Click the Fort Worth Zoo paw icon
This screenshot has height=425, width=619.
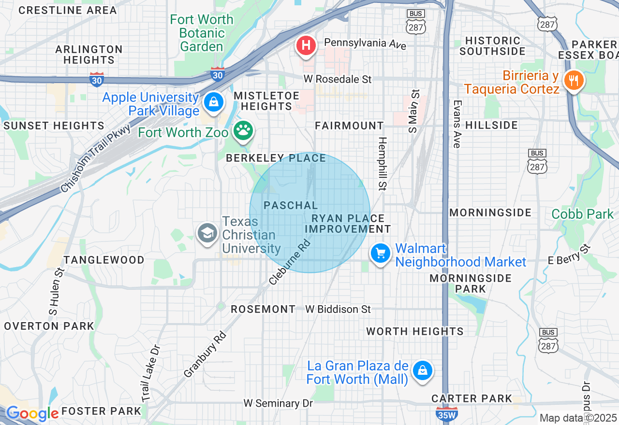[x=243, y=130]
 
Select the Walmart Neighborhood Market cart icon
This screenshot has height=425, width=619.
[x=381, y=253]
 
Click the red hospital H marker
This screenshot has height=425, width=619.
[x=306, y=45]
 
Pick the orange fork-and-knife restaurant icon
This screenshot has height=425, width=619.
[x=574, y=80]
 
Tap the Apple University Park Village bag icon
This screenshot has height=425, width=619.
[x=212, y=102]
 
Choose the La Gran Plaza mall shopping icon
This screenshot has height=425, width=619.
[x=423, y=370]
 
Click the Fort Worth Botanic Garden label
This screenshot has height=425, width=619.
[x=202, y=33]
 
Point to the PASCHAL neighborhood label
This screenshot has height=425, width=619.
[x=291, y=205]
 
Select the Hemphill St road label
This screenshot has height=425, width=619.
[x=383, y=163]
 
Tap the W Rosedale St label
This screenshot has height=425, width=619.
[x=338, y=79]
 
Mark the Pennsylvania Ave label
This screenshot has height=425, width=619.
[x=365, y=43]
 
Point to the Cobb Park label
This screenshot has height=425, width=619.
[x=582, y=214]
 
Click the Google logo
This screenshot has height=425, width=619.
[x=32, y=413]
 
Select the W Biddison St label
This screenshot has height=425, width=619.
[x=338, y=309]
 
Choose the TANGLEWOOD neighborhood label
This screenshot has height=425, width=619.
[x=104, y=260]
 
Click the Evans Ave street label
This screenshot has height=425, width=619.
[x=457, y=124]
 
